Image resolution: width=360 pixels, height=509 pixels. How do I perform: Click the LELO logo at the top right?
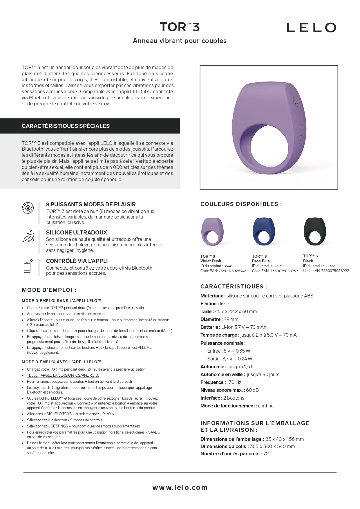(x=311, y=28)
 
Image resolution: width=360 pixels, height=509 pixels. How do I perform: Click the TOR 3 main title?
(x=180, y=27)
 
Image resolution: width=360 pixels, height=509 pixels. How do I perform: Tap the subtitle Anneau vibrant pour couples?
(x=180, y=41)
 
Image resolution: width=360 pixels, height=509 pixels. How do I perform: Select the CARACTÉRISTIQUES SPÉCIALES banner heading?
(x=66, y=126)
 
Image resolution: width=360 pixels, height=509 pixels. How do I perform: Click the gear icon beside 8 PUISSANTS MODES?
(x=28, y=208)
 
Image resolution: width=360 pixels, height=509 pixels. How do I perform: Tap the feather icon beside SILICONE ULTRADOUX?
(x=28, y=237)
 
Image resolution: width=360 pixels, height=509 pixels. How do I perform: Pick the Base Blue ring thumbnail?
(x=263, y=231)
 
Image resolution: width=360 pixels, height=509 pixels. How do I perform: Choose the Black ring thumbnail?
(x=315, y=231)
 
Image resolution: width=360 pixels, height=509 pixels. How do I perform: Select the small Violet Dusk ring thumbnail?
(x=212, y=232)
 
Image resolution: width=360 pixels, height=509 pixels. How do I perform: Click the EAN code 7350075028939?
(x=284, y=271)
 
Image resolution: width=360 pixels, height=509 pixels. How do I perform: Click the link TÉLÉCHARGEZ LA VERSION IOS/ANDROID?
(x=63, y=376)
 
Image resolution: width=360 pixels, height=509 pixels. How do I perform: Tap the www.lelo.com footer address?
(x=180, y=488)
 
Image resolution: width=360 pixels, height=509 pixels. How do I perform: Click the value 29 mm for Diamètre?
(x=231, y=320)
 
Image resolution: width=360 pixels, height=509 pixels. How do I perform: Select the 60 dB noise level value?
(x=252, y=390)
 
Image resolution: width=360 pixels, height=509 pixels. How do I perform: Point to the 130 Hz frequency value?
(x=234, y=382)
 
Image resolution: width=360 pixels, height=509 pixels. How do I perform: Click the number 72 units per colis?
(x=266, y=454)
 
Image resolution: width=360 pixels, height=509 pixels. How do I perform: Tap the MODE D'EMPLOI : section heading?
(x=49, y=290)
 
